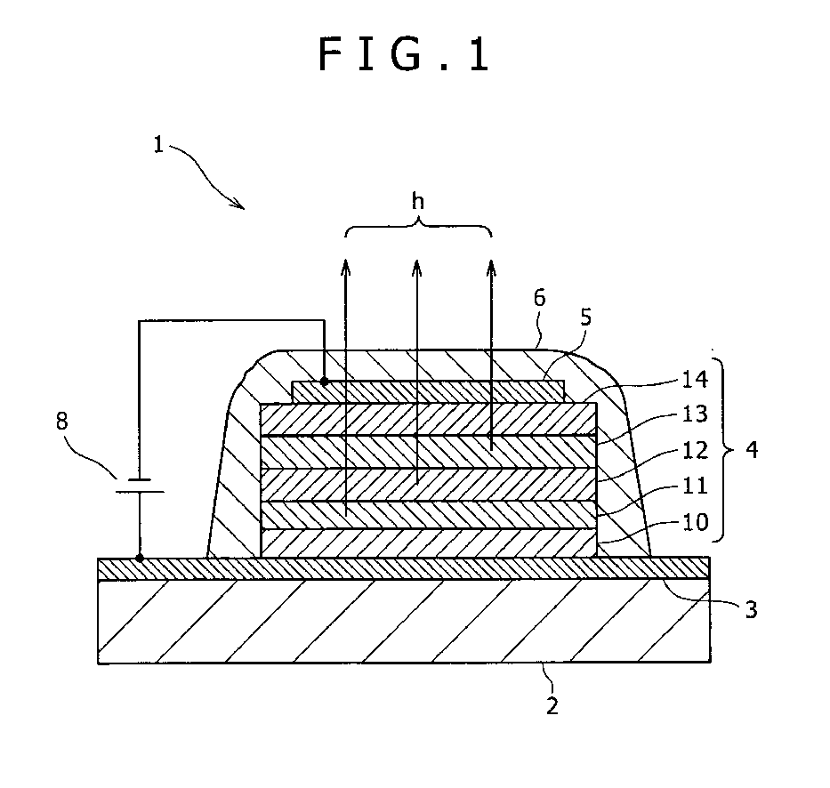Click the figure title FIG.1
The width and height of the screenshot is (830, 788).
405,55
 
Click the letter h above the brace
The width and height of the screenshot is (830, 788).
418,201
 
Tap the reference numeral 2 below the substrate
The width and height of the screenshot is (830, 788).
552,707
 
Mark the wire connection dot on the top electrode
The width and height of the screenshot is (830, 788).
324,382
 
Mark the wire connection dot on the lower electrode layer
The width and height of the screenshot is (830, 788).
140,559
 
